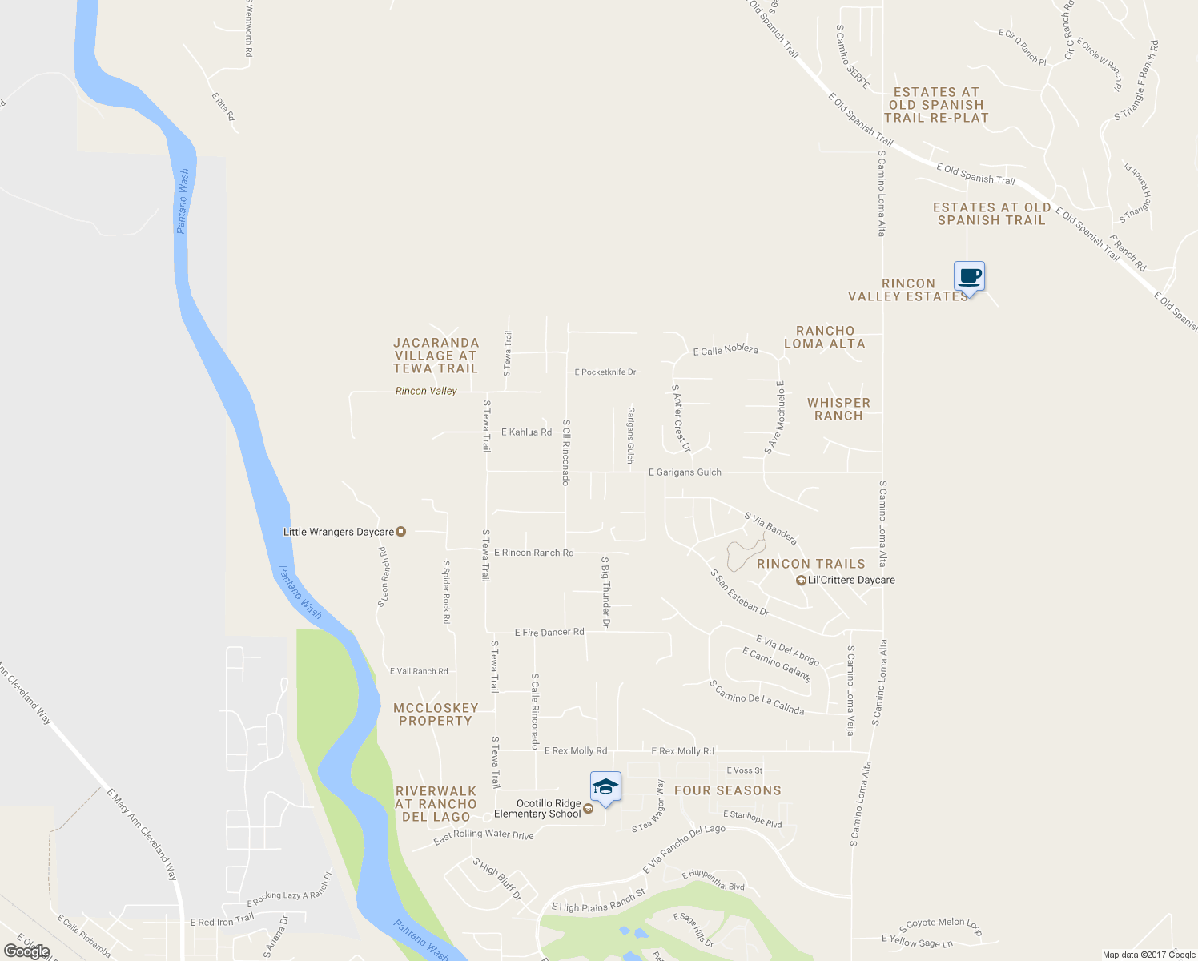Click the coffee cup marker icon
(969, 277)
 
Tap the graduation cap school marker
(605, 787)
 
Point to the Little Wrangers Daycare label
(339, 532)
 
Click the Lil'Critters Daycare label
(851, 580)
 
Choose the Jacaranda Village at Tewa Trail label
(436, 356)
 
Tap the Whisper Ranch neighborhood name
(838, 409)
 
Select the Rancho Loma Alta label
(825, 337)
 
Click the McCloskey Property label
(436, 714)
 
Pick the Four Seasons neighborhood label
(727, 790)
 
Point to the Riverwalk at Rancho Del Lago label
(436, 804)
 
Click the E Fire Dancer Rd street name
(549, 633)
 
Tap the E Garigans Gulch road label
(685, 472)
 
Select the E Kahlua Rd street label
(526, 432)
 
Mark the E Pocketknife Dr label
(605, 372)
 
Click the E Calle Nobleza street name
(726, 350)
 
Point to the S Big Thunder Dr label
(605, 592)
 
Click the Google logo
(27, 951)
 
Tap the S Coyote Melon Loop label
(940, 927)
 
